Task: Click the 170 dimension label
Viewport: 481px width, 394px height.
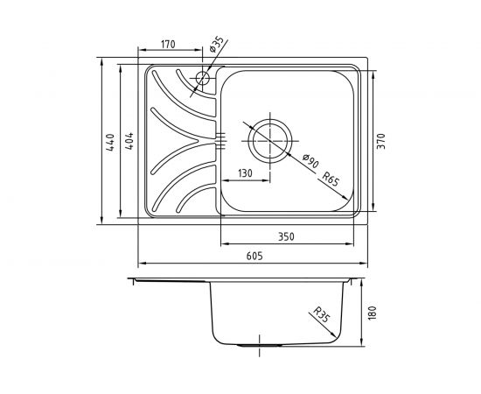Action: tap(168, 45)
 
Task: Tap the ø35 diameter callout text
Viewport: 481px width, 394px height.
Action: tap(216, 45)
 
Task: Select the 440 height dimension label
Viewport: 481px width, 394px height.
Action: tap(110, 142)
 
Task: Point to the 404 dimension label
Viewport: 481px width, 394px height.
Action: tap(130, 141)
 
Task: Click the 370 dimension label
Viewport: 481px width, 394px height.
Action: tap(380, 141)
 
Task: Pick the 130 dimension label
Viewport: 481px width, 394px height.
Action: tap(245, 173)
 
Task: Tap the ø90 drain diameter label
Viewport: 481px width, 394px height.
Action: tap(310, 160)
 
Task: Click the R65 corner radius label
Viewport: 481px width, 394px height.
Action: tap(331, 179)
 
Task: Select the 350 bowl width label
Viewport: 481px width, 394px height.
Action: tap(286, 236)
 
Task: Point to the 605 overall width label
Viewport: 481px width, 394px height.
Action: tap(254, 257)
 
